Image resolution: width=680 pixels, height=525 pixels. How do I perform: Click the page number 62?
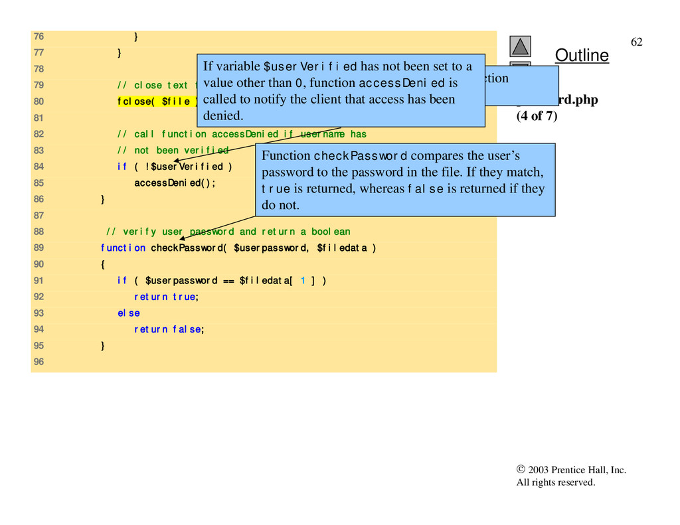click(x=636, y=42)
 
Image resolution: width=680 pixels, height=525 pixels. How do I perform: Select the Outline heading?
click(x=581, y=56)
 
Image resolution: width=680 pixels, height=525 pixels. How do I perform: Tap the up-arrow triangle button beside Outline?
click(x=521, y=46)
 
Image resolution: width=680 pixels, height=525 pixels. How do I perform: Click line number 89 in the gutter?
click(x=39, y=248)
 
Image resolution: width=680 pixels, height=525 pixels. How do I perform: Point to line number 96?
click(x=39, y=362)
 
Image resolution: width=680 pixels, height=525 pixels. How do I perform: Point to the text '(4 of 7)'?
click(x=537, y=117)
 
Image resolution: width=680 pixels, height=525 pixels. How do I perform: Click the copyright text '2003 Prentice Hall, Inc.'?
click(x=576, y=470)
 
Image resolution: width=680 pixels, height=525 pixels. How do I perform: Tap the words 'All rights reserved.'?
click(x=556, y=483)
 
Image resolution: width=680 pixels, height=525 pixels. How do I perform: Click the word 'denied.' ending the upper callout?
click(x=223, y=115)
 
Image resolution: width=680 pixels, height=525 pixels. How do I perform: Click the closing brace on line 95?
click(x=102, y=345)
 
